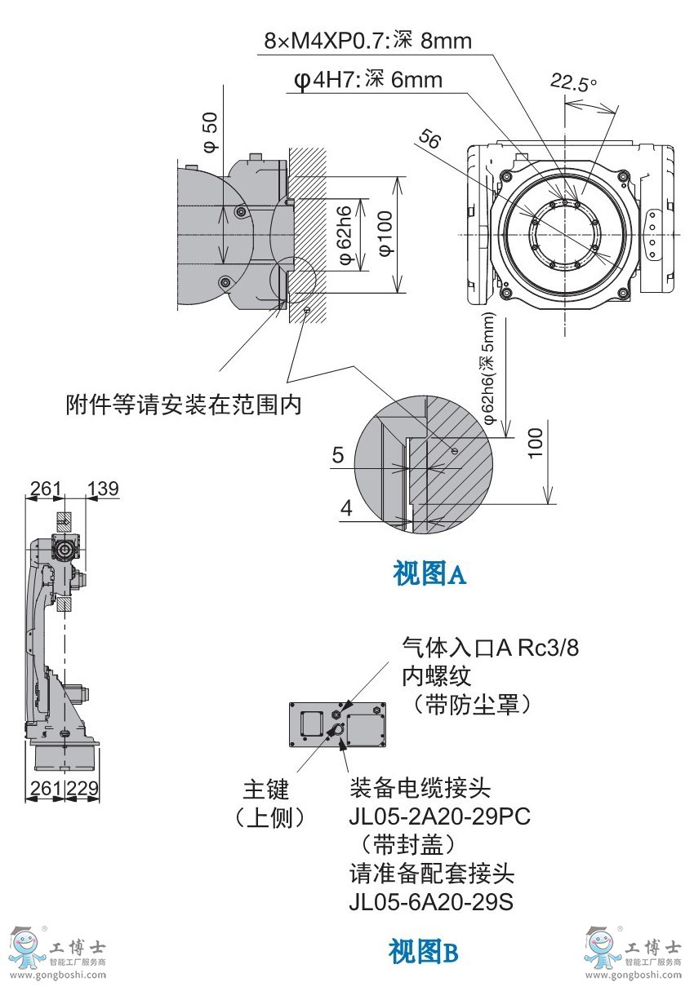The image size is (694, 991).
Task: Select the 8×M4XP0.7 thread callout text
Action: pyautogui.click(x=367, y=41)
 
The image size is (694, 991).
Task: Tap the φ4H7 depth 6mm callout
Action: pyautogui.click(x=367, y=80)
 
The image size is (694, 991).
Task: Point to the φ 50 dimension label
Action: pyautogui.click(x=211, y=132)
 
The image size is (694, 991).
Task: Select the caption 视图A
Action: pyautogui.click(x=429, y=574)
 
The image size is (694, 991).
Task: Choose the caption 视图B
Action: pyautogui.click(x=423, y=951)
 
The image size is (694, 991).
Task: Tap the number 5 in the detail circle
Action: pyautogui.click(x=338, y=455)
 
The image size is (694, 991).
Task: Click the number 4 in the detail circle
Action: pyautogui.click(x=346, y=508)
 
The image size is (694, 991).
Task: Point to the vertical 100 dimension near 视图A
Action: pyautogui.click(x=535, y=442)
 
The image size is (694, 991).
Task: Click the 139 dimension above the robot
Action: pyautogui.click(x=103, y=489)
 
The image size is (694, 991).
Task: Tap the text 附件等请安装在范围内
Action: pyautogui.click(x=184, y=405)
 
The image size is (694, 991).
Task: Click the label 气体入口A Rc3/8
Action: pyautogui.click(x=490, y=648)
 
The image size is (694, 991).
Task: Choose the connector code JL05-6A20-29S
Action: pyautogui.click(x=431, y=902)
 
